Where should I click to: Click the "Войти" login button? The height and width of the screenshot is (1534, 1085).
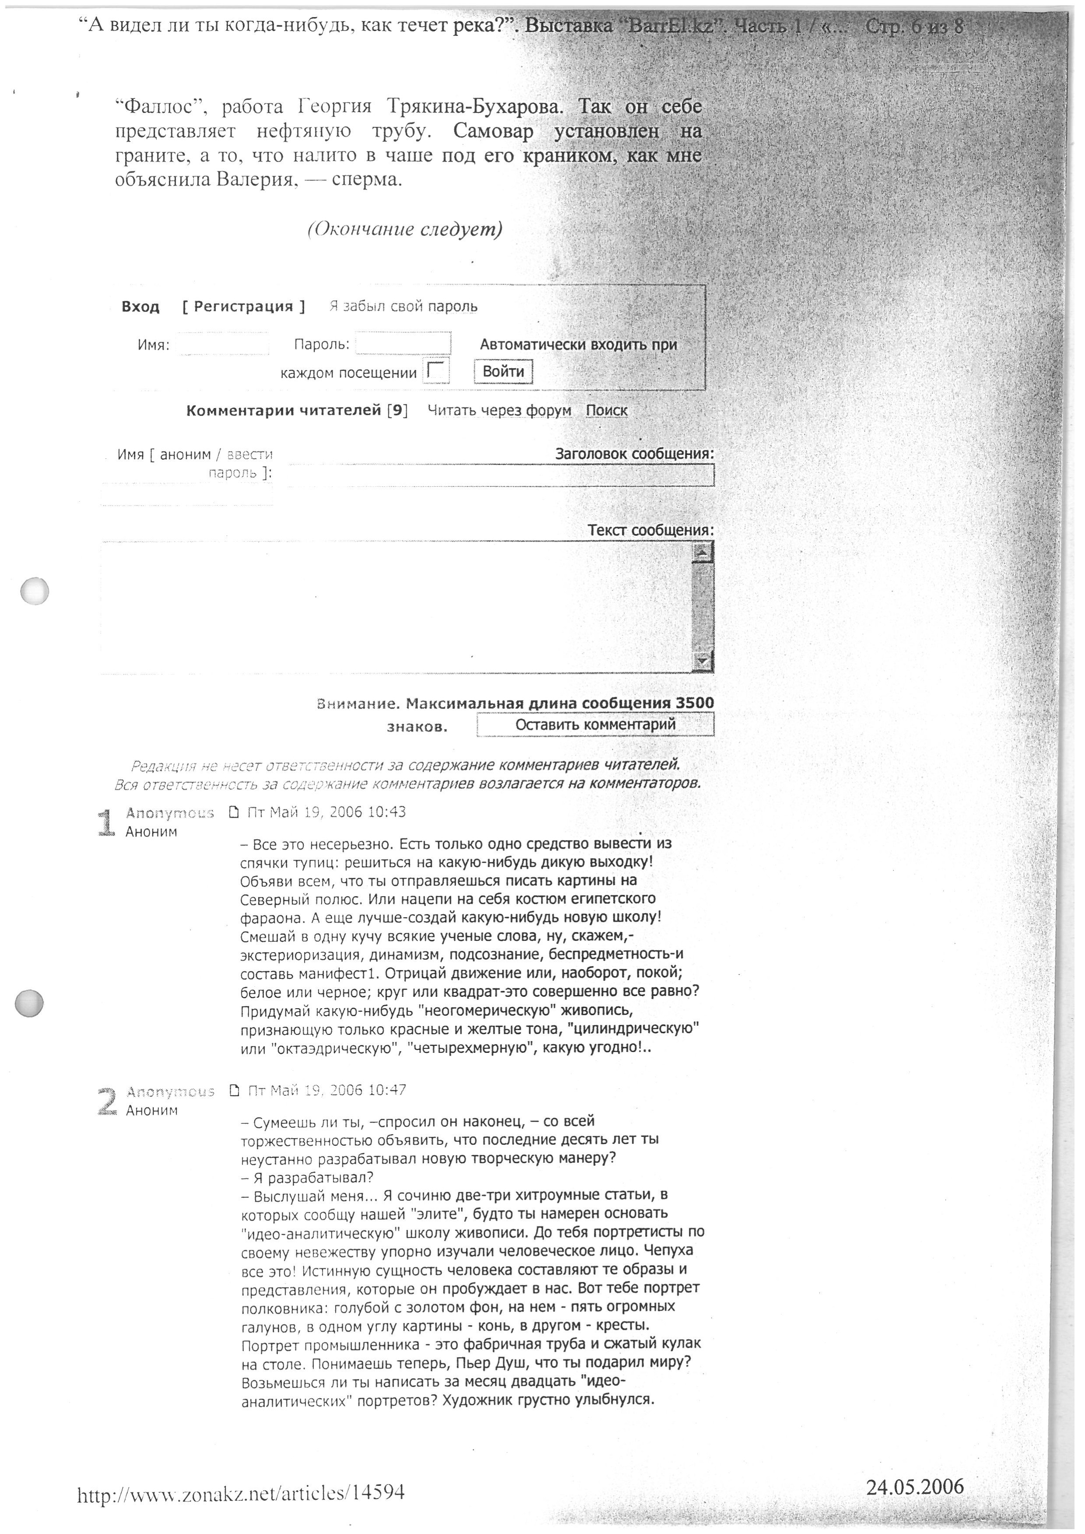pos(503,372)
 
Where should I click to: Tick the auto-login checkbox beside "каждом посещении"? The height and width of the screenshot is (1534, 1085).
pos(437,372)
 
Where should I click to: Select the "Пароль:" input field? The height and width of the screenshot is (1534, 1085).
pos(403,343)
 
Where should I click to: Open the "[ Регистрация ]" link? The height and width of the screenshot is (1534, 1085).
pos(244,306)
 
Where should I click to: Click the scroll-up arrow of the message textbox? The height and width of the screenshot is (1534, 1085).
pos(702,552)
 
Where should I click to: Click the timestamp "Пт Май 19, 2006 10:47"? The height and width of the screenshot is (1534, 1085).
pos(327,1091)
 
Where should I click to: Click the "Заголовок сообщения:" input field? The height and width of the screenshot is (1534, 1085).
pos(501,475)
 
